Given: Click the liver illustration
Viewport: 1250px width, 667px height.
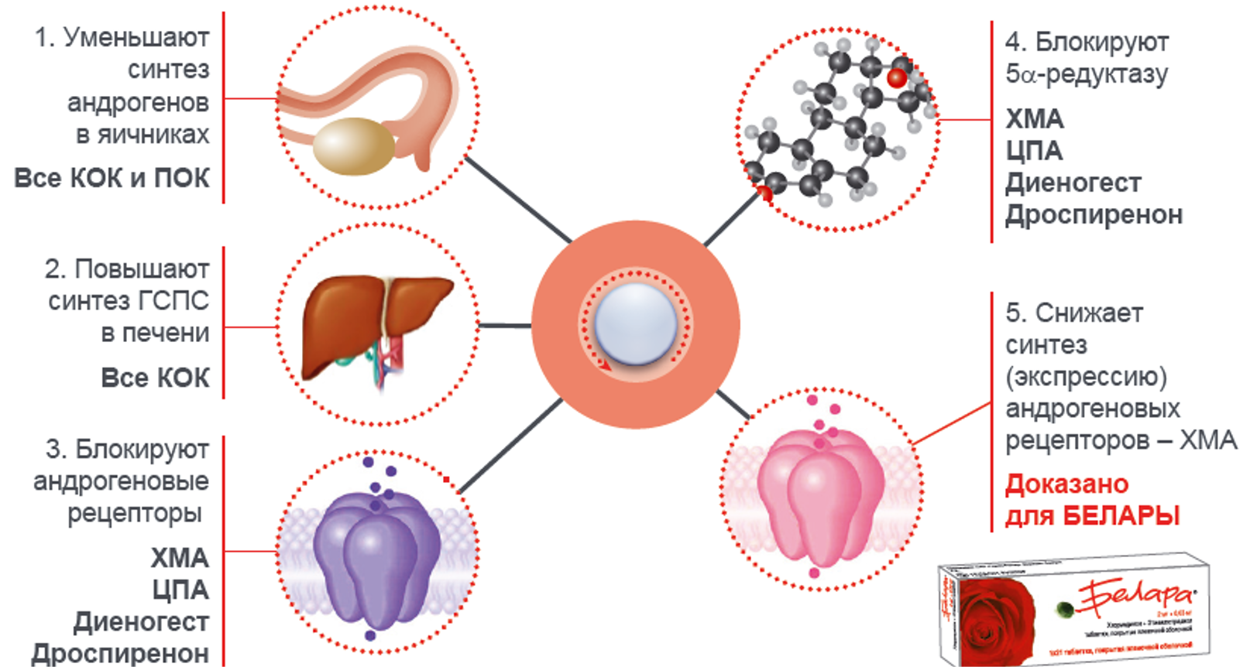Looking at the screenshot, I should pos(376,325).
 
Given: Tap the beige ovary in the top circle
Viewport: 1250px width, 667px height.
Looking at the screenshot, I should pos(353,145).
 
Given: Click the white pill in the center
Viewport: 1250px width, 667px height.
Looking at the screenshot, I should pos(636,323).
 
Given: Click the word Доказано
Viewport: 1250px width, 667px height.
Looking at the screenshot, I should pos(1066,484).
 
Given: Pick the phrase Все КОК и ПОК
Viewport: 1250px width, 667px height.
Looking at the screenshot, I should pos(112,178).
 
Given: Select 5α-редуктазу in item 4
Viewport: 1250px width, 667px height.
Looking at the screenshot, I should pos(1087,74).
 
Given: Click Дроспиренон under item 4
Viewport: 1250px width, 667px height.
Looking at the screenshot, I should pos(1094,214).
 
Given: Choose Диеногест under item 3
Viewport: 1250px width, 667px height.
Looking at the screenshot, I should pos(141,621).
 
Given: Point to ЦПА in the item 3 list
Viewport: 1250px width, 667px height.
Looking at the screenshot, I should pos(180,590).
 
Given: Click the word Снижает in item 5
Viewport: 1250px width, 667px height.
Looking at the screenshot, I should pos(1089,313).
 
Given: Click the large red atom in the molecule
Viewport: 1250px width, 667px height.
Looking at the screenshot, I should pos(897,77).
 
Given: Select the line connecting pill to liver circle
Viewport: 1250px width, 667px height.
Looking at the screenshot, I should pos(505,326).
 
